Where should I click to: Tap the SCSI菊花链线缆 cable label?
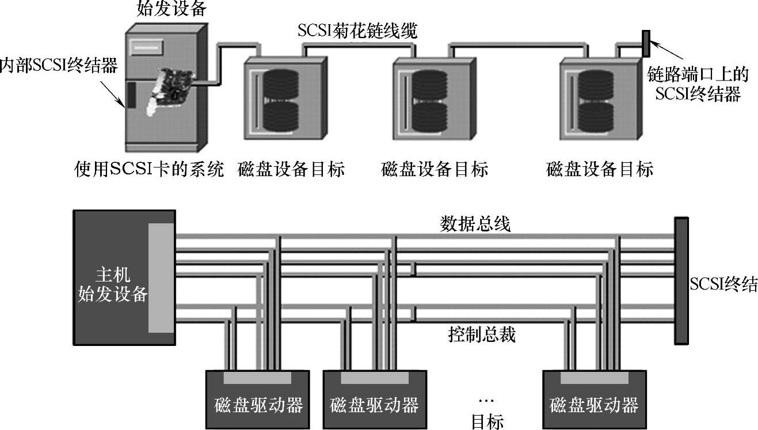coord(357,31)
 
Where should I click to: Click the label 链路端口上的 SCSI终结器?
coord(697,83)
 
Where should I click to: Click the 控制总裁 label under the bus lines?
coord(481,334)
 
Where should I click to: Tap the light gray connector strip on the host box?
coord(161,277)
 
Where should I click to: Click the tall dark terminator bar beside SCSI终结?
coord(681,280)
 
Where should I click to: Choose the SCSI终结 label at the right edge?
coord(723,284)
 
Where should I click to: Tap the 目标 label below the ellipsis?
coord(487,422)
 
